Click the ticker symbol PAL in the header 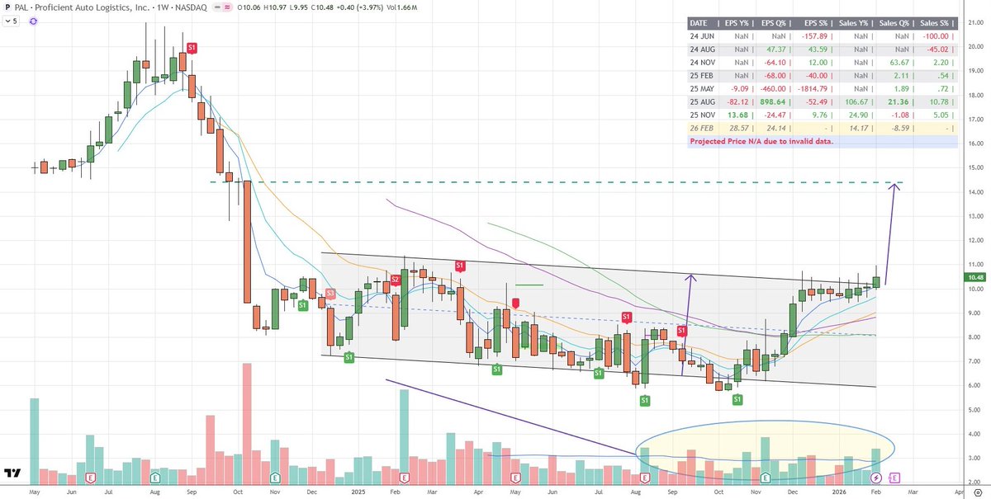pyautogui.click(x=19, y=7)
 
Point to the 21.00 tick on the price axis pyautogui.click(x=974, y=22)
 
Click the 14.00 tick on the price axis pyautogui.click(x=974, y=192)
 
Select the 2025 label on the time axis pyautogui.click(x=358, y=492)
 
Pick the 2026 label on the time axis pyautogui.click(x=839, y=492)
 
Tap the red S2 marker pyautogui.click(x=396, y=280)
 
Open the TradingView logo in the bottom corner pyautogui.click(x=12, y=473)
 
